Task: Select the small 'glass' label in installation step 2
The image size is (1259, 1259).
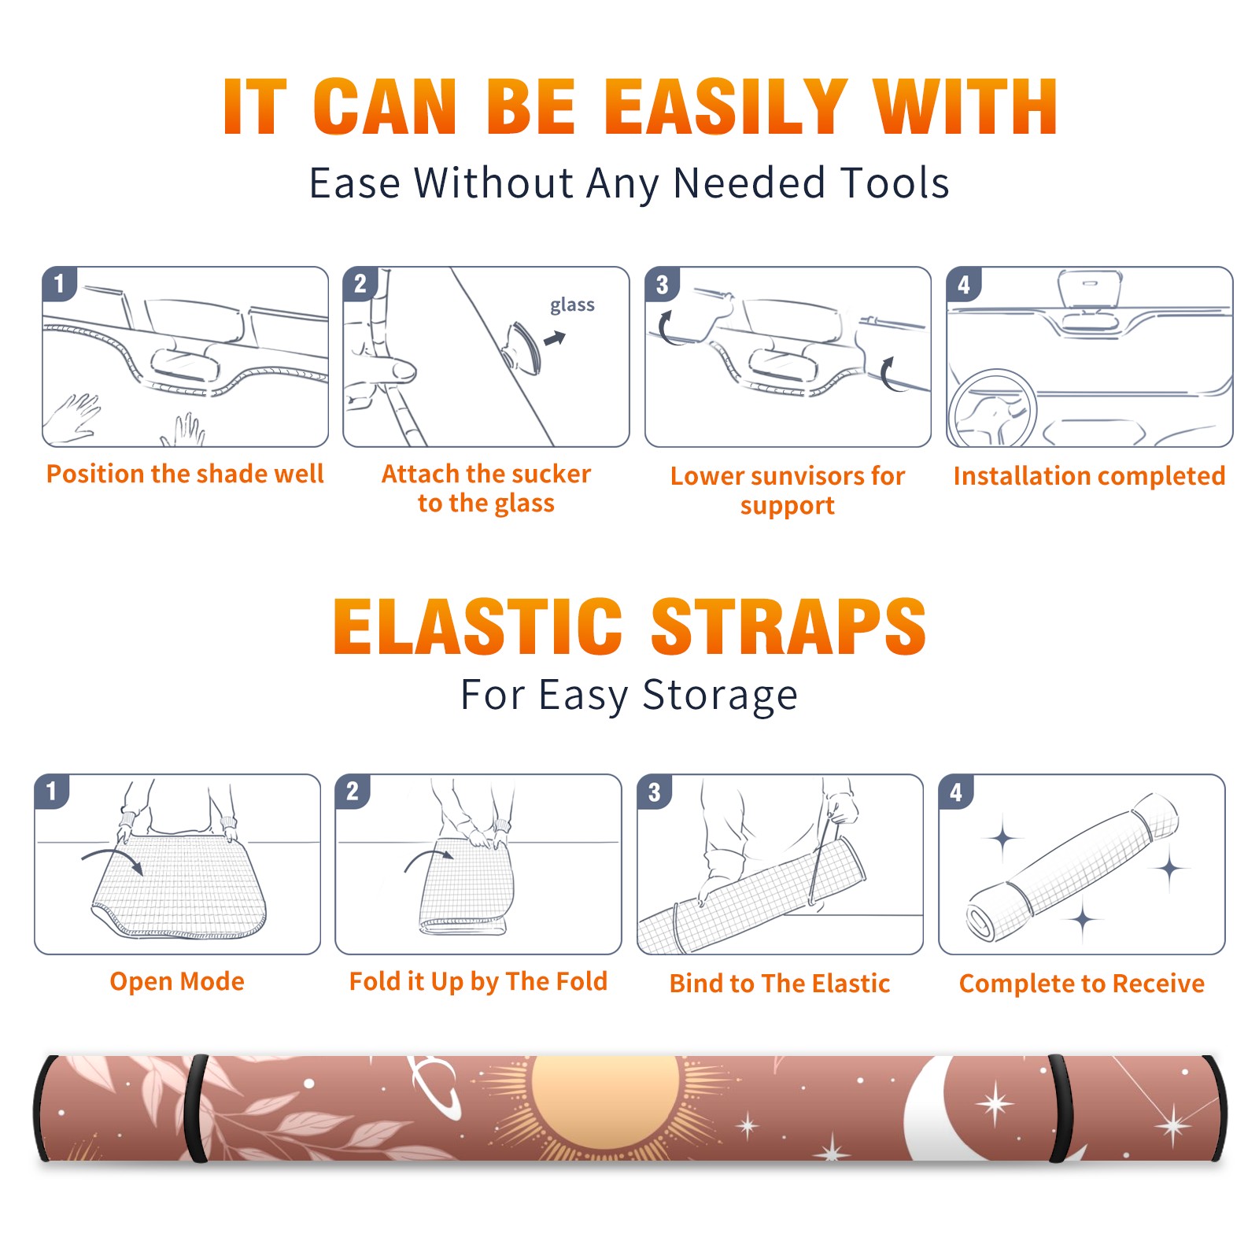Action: click(572, 305)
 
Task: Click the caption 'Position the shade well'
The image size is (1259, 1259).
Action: click(185, 474)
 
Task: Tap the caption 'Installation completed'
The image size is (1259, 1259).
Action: click(1089, 476)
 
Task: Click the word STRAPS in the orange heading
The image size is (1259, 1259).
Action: click(788, 626)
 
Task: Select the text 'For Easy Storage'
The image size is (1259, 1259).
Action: click(629, 695)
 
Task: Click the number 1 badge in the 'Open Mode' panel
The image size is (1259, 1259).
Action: click(52, 791)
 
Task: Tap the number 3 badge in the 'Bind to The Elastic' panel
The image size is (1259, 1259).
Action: click(655, 792)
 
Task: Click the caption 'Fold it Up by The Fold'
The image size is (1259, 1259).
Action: click(478, 981)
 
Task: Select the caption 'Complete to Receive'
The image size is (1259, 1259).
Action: click(1082, 984)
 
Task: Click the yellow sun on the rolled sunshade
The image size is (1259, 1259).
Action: click(604, 1102)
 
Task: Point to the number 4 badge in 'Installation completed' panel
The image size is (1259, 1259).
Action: click(964, 284)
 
